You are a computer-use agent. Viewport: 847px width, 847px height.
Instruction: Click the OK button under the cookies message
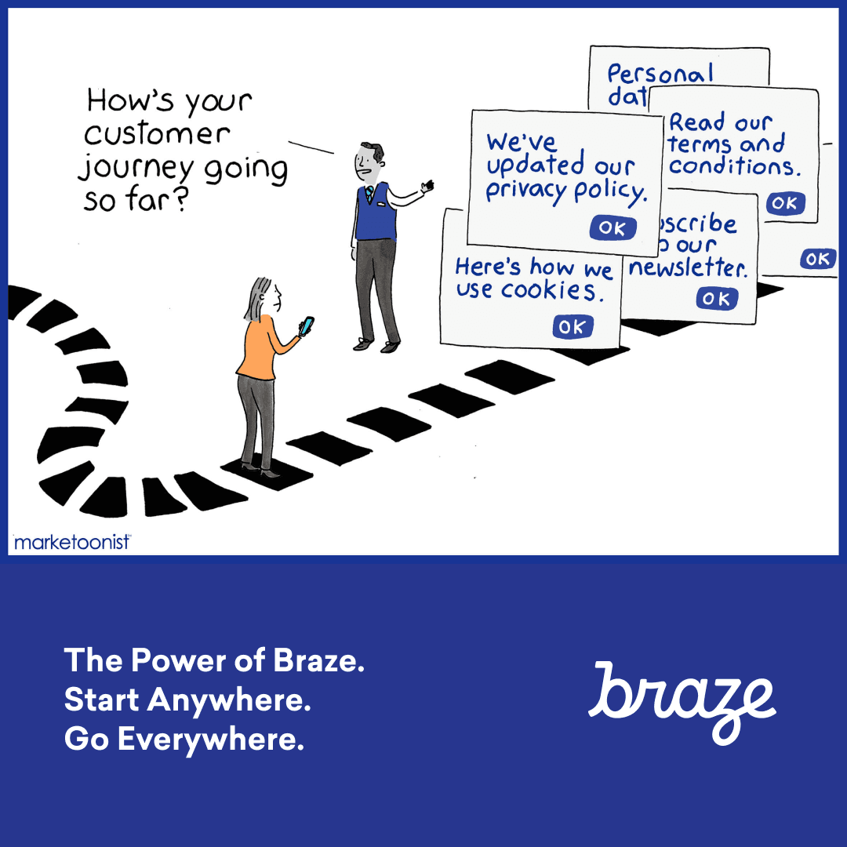tap(573, 327)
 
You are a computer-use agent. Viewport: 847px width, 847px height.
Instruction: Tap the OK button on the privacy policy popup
tap(612, 227)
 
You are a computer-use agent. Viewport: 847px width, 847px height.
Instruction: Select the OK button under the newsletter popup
tap(716, 299)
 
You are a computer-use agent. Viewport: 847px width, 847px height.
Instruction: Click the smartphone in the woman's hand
tap(307, 325)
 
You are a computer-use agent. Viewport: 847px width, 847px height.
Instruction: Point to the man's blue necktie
tap(369, 192)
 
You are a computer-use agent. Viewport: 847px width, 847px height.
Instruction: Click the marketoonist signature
tap(72, 541)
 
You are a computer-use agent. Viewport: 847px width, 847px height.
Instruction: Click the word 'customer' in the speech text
tap(157, 135)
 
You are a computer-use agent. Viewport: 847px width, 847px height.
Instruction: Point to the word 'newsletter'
tap(689, 268)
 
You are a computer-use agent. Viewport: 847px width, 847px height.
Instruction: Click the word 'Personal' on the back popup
tap(660, 75)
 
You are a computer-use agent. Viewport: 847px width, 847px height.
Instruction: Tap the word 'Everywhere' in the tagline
tap(209, 740)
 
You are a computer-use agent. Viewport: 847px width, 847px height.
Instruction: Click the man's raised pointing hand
tap(426, 187)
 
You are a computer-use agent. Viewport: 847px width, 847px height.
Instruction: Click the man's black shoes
tap(376, 344)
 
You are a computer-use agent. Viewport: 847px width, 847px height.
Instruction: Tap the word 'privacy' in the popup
tap(522, 191)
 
